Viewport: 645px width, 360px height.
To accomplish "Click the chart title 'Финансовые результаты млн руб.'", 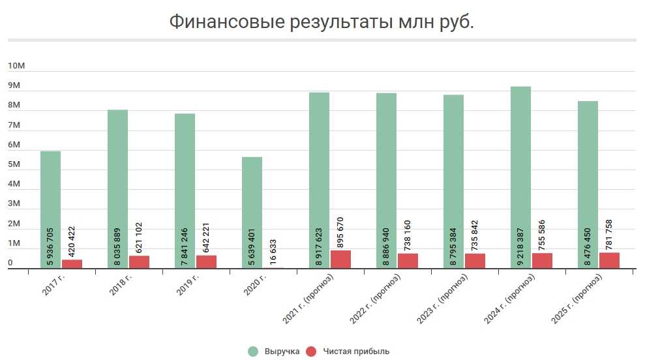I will [322, 22].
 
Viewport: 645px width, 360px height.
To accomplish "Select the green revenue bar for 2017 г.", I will [50, 209].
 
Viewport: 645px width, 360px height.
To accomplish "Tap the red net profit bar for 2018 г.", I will [139, 262].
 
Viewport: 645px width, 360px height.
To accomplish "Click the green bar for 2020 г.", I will [252, 212].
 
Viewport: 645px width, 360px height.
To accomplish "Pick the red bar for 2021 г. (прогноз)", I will [340, 259].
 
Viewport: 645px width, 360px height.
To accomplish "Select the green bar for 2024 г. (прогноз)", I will [520, 176].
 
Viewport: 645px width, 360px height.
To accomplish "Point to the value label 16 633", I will [273, 251].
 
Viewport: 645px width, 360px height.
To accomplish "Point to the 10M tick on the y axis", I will [16, 67].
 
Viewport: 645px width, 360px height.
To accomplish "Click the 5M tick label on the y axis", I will [16, 165].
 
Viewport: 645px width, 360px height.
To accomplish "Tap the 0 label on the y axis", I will [10, 263].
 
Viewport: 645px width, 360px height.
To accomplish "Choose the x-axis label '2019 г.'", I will [188, 285].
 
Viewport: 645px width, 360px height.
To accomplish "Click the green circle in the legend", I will [254, 352].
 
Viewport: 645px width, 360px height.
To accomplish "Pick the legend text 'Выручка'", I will [282, 352].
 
